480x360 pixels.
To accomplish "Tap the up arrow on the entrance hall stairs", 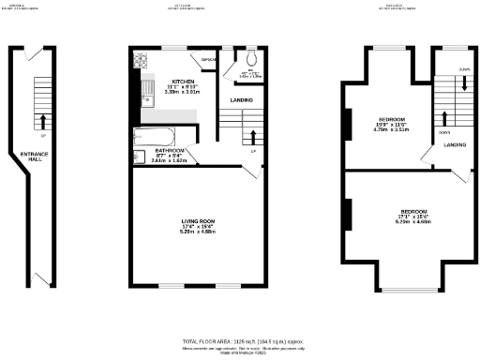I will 41,121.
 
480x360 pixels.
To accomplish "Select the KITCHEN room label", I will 176,82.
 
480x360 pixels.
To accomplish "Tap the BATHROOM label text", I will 170,150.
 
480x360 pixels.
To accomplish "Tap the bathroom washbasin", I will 138,155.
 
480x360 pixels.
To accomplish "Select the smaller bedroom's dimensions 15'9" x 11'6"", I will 391,125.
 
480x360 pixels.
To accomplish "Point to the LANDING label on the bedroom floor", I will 456,145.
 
